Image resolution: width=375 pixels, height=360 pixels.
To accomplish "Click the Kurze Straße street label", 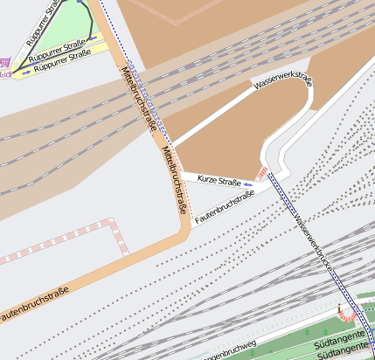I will tap(219, 181).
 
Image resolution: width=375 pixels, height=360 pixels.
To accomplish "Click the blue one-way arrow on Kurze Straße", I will tap(249, 183).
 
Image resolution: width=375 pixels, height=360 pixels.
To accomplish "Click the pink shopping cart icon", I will tap(6, 63).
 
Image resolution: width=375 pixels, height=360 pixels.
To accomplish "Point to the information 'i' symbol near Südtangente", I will tap(339, 307).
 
